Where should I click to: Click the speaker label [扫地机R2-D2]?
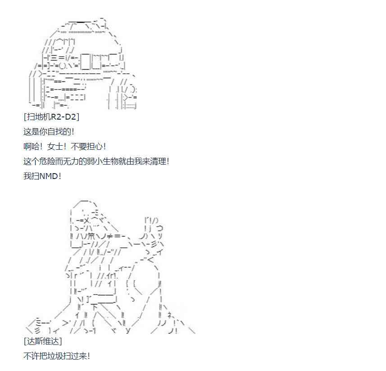click(51, 117)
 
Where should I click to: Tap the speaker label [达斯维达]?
click(43, 341)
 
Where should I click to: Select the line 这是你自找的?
click(49, 132)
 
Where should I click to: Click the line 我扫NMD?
click(42, 176)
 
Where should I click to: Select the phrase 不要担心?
click(86, 147)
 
